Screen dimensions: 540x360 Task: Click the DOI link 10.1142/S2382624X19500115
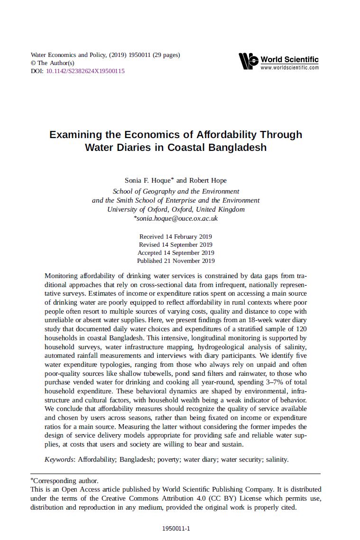(x=85, y=71)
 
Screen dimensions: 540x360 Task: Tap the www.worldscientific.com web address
(x=289, y=68)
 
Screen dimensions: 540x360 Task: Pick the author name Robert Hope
(x=208, y=180)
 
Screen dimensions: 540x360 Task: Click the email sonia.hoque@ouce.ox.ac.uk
(x=177, y=219)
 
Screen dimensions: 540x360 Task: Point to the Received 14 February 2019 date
(x=175, y=236)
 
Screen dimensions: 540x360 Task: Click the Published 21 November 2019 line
(x=175, y=261)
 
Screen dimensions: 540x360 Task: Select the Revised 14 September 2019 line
(x=175, y=244)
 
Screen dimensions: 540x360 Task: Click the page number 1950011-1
(x=176, y=528)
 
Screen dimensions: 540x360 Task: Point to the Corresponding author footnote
(x=65, y=481)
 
